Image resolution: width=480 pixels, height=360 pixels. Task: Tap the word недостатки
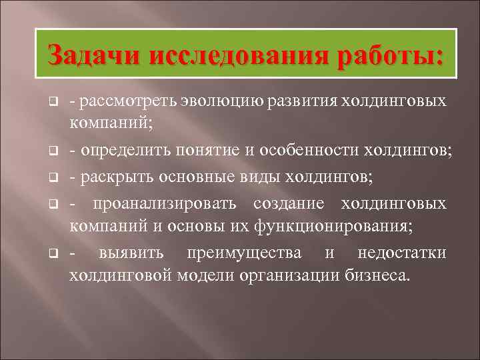(402, 253)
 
